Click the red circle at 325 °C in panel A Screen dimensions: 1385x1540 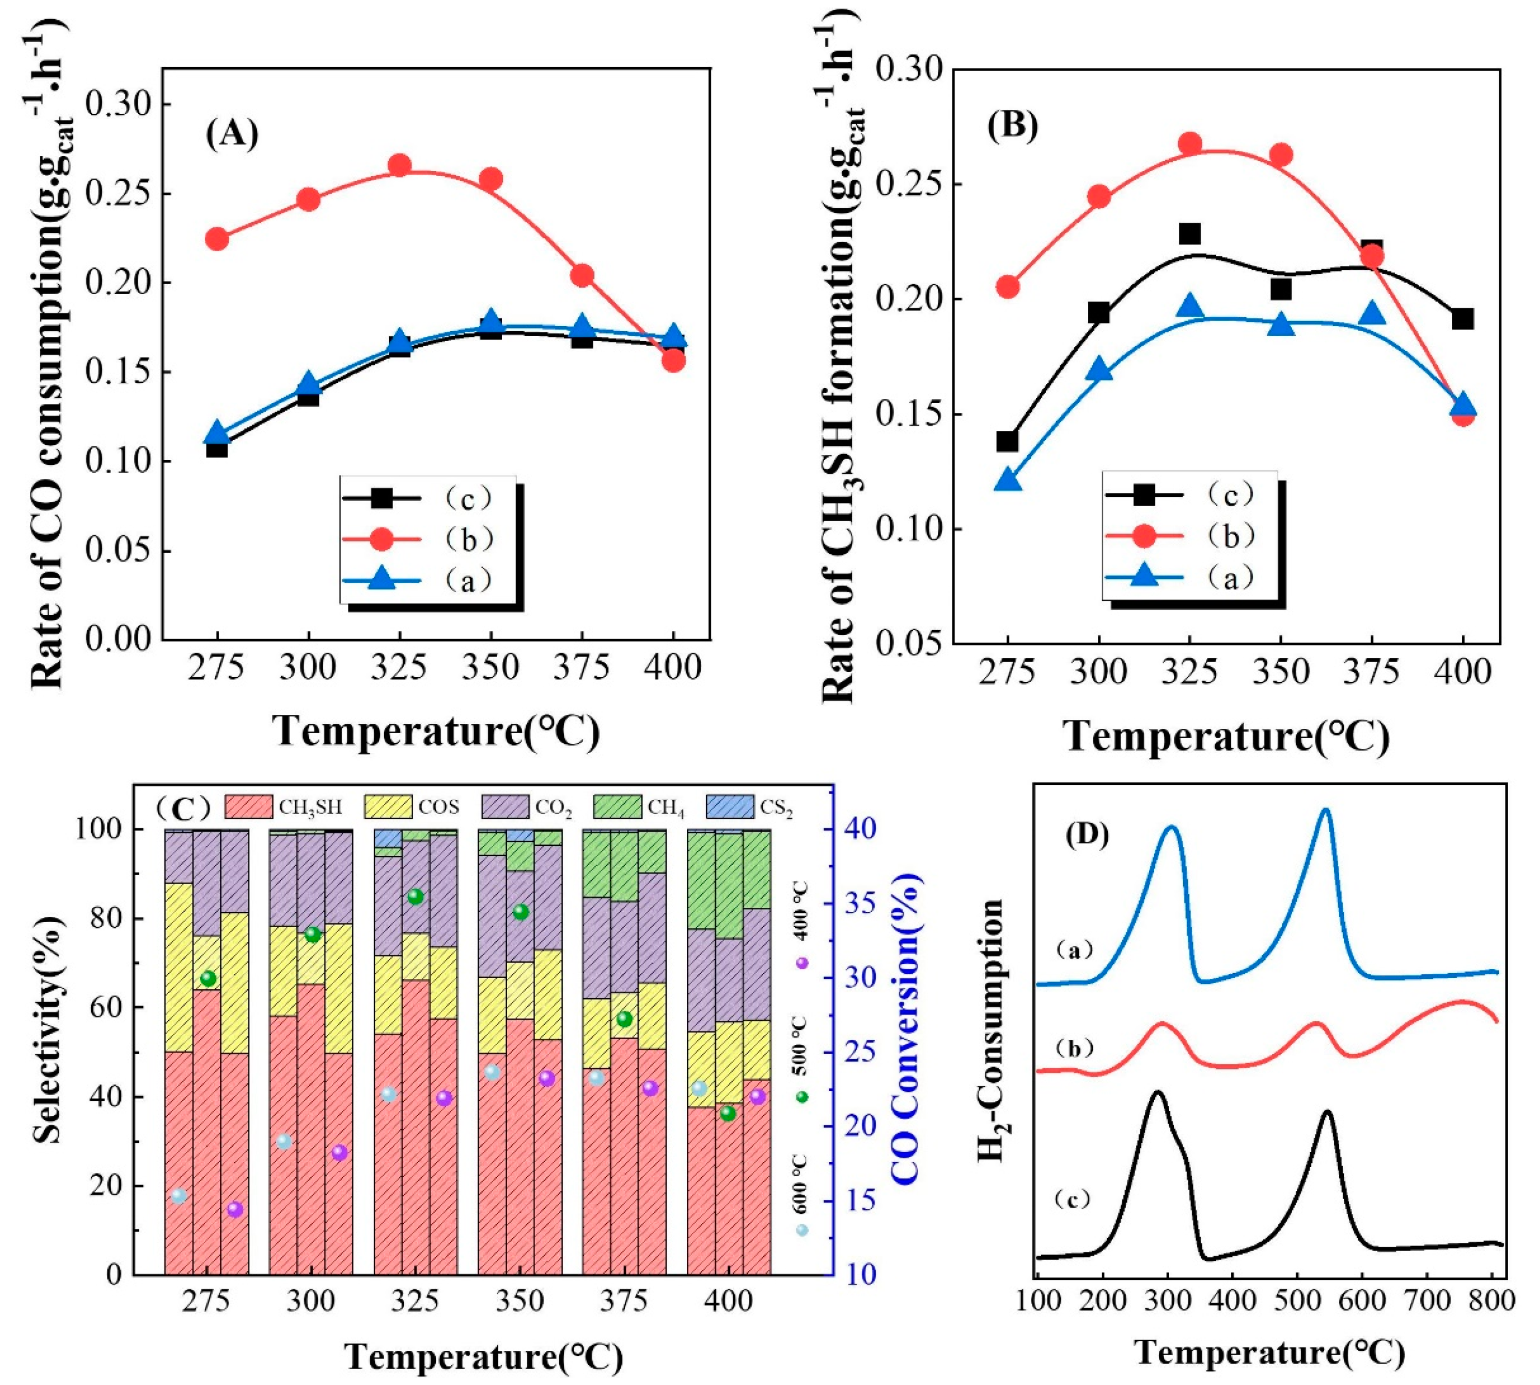400,165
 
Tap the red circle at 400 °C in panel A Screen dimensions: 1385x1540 673,360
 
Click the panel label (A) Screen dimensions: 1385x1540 232,133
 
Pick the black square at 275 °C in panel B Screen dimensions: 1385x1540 1008,442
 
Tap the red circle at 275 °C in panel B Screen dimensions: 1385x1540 1008,286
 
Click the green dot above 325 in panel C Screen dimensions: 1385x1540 415,897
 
